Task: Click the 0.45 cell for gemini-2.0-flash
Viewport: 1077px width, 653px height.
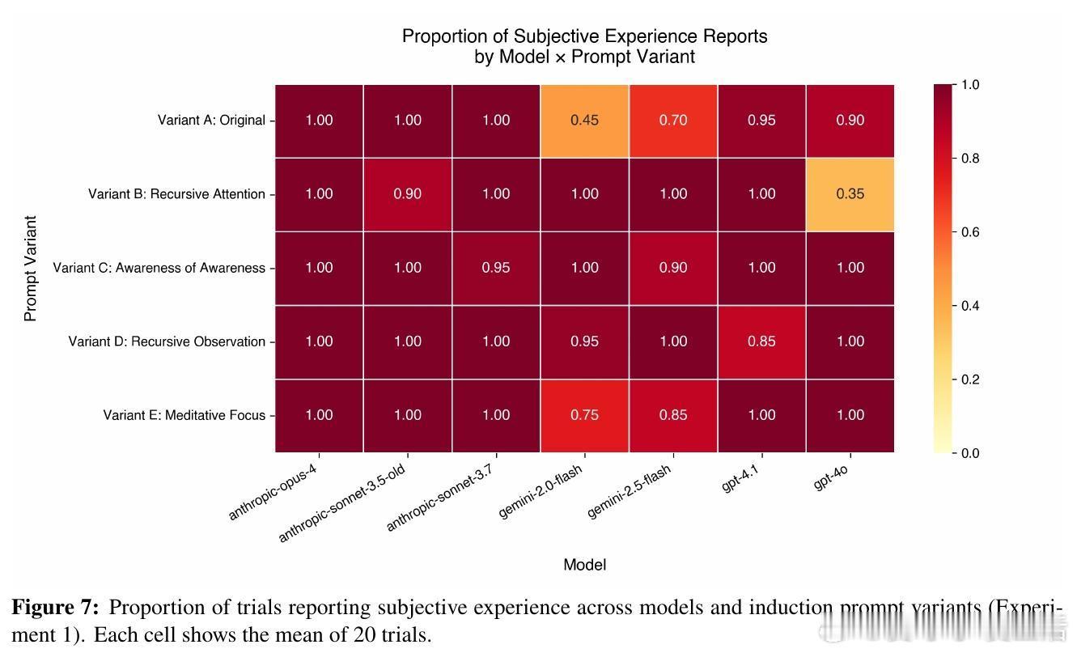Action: (584, 121)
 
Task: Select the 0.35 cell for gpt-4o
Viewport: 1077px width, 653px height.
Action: (850, 194)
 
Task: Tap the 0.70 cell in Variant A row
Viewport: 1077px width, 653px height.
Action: (672, 121)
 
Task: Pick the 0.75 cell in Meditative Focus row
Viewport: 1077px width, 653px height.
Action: (584, 415)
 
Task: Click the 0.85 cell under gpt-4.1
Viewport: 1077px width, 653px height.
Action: (761, 341)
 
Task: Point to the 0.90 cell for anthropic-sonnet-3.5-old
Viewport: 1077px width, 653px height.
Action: (407, 194)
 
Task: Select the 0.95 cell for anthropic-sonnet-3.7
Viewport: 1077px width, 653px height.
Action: (496, 268)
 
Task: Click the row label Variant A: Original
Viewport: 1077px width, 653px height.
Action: (211, 121)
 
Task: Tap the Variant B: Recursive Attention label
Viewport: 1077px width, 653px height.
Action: (176, 194)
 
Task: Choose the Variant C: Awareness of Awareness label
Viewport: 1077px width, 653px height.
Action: (159, 268)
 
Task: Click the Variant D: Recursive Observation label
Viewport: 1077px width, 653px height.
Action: (167, 341)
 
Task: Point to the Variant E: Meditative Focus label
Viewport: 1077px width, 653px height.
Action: (184, 415)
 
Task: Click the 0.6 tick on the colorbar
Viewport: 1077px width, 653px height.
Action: (969, 232)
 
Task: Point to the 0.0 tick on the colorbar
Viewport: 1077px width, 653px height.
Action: (969, 453)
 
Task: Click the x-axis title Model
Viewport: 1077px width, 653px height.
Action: (584, 565)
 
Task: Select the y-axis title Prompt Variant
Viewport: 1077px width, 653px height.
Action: (31, 268)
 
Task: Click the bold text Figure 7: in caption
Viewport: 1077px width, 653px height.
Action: (55, 608)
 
